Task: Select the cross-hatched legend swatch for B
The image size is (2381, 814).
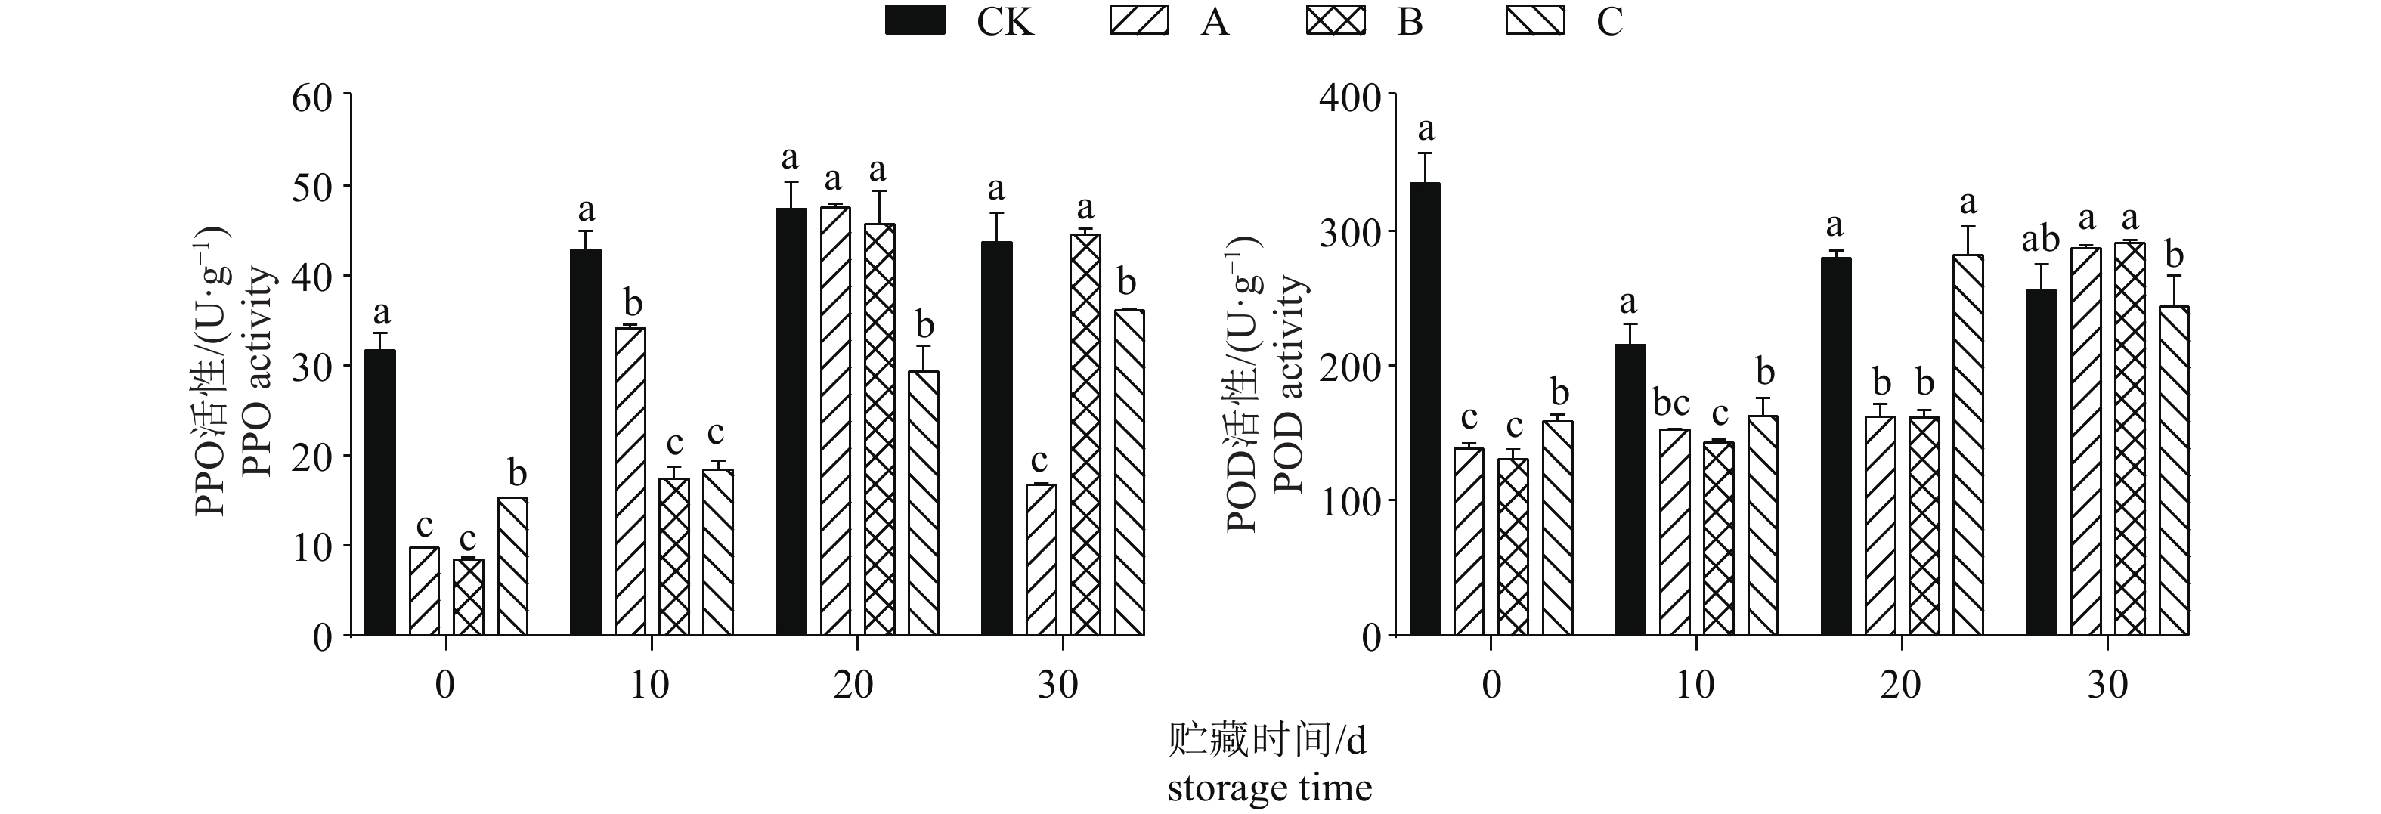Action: (1336, 20)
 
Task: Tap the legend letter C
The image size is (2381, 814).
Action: (1609, 20)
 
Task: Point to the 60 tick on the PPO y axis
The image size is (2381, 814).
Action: (312, 97)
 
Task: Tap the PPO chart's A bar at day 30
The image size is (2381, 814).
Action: (1042, 560)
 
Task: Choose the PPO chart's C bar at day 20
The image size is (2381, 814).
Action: (924, 503)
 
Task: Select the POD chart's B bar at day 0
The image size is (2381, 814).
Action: (1513, 547)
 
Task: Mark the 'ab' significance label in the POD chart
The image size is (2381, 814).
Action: (2040, 240)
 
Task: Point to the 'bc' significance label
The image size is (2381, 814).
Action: (1671, 403)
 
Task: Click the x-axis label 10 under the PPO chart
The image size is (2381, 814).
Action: (650, 686)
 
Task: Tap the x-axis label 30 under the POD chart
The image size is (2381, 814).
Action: (2107, 686)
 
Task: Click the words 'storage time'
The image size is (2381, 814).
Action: (1269, 788)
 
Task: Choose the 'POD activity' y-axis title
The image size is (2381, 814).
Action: (1289, 383)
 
